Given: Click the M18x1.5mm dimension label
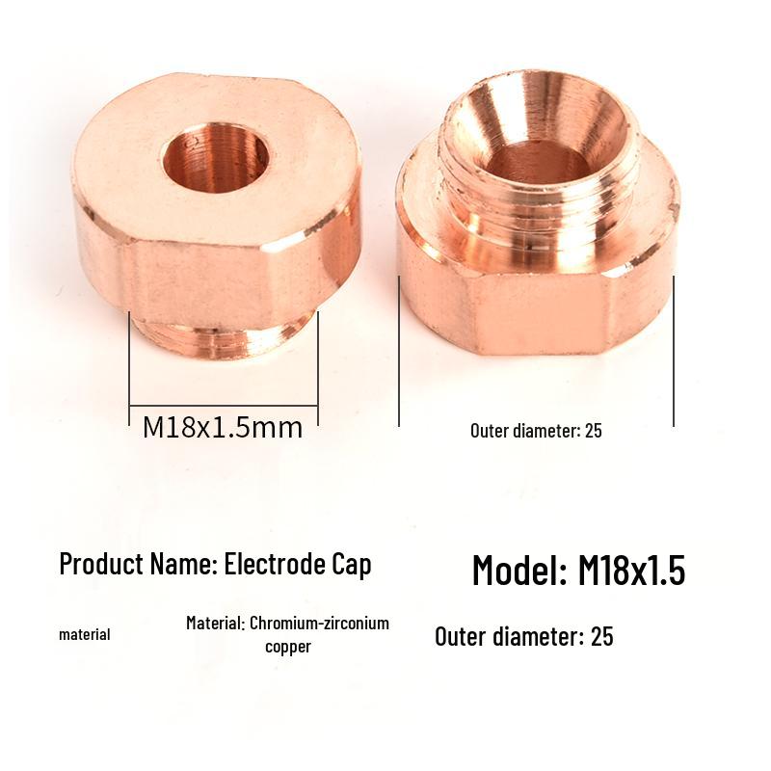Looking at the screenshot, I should point(223,427).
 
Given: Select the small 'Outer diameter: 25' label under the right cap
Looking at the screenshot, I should point(536,431).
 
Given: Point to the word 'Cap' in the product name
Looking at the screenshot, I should point(352,564).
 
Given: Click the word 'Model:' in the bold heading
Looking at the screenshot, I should point(518,571).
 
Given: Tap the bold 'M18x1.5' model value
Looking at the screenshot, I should point(631,571).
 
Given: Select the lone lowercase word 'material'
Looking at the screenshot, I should point(85,634).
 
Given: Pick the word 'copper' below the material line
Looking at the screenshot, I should point(288,647).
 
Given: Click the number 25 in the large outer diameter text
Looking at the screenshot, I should point(602,636).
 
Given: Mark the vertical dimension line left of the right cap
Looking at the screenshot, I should point(399,352).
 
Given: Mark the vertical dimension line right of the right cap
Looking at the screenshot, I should point(674,352).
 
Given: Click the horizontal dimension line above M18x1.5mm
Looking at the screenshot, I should point(224,405).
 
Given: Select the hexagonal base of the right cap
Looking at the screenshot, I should point(540,308).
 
